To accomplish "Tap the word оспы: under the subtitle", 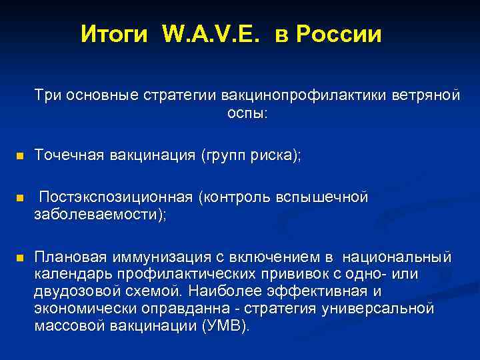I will click(x=247, y=113).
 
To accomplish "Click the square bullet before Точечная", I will click(x=20, y=156).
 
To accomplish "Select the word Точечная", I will click(x=68, y=155).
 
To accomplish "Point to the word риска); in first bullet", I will click(x=276, y=155).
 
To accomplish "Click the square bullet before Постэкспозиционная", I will click(x=20, y=199).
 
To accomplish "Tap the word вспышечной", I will click(x=327, y=198).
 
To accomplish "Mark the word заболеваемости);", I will click(x=101, y=215).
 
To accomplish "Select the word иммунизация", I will click(x=147, y=257).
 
